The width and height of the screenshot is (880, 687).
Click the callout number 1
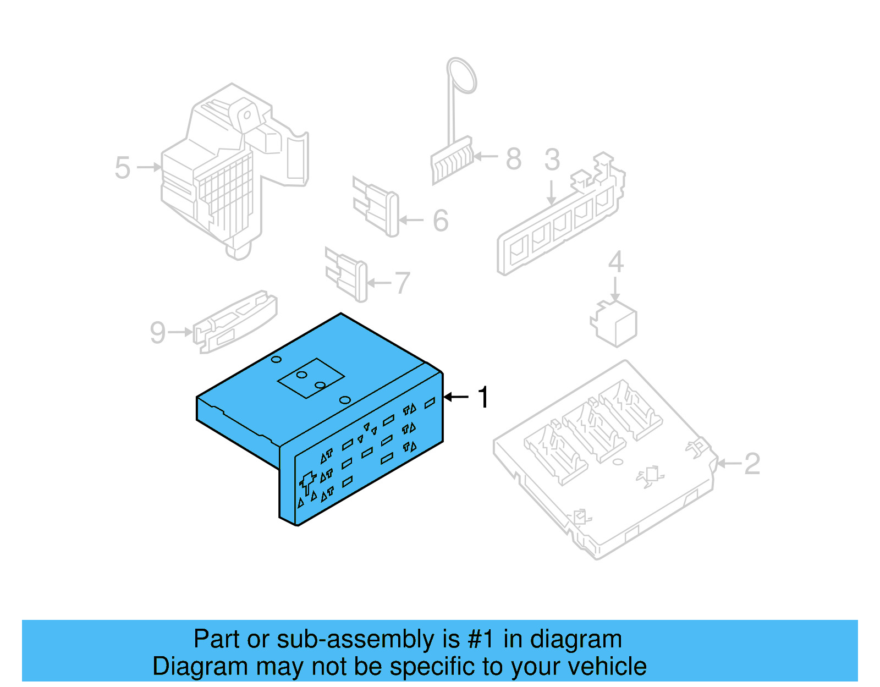pos(483,397)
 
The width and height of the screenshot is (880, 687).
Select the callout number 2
pos(752,464)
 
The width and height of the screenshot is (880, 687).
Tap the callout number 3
pos(552,160)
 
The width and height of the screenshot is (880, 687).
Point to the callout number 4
pos(615,262)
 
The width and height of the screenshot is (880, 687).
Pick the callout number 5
pos(123,168)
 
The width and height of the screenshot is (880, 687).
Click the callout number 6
pos(441,221)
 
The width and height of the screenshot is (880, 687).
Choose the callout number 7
pos(403,283)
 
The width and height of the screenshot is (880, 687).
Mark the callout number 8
pos(513,159)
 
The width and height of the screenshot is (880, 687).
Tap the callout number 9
pos(158,333)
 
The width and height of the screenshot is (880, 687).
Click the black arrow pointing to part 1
pos(456,397)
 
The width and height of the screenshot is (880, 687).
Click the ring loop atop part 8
pos(461,75)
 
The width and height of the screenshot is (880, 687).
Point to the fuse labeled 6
pos(377,206)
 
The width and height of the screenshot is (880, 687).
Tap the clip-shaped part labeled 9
pos(235,322)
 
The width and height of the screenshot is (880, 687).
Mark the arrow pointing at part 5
pos(148,167)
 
